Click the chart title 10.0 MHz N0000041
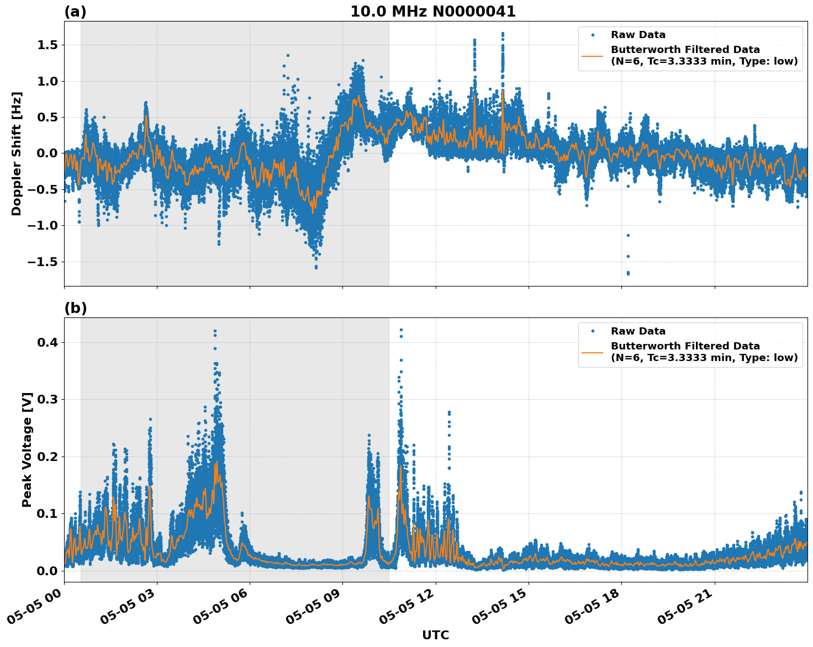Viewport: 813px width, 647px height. tap(433, 12)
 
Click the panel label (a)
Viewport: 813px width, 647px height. tap(75, 12)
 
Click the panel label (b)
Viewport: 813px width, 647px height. tap(76, 308)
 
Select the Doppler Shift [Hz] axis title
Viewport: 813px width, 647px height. tap(17, 153)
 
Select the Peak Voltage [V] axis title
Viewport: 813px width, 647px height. tap(27, 449)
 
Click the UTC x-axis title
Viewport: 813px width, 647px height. tap(435, 635)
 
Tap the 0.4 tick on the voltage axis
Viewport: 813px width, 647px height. tap(47, 342)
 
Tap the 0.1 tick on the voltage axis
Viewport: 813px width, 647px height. tap(47, 513)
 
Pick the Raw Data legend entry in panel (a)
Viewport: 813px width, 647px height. tap(638, 35)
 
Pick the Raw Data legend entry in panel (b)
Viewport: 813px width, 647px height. tap(638, 331)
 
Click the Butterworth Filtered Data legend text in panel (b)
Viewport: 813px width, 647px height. tap(685, 346)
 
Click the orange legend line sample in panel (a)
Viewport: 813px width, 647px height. tap(593, 56)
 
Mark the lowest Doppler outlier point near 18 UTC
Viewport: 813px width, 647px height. tap(628, 273)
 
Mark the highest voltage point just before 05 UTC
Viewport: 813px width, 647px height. tap(215, 331)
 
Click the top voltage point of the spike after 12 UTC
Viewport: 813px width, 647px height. tap(449, 412)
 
